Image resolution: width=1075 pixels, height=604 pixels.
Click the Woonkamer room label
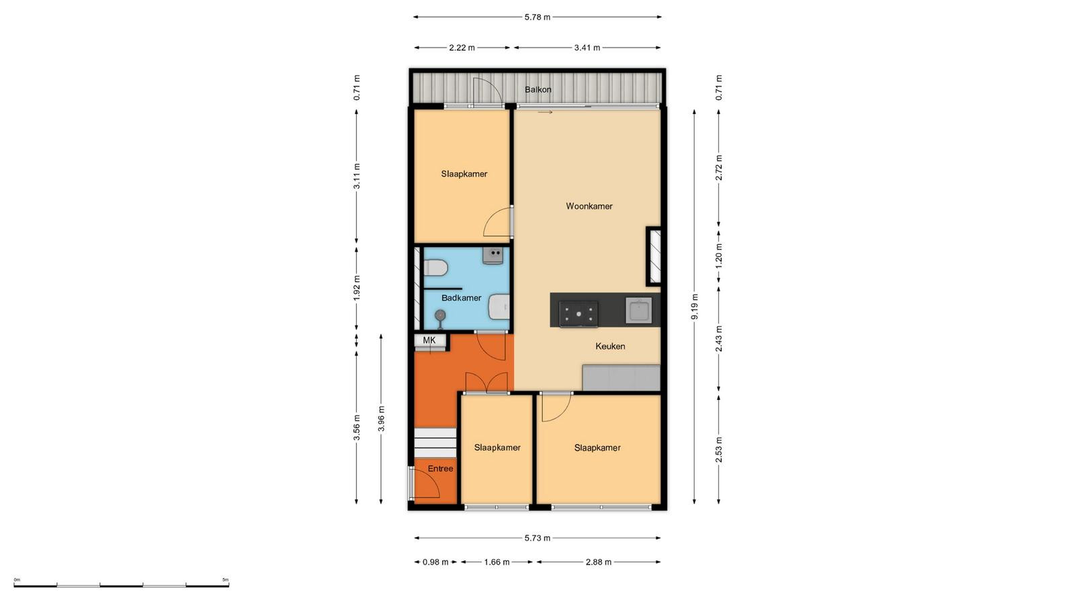pos(589,206)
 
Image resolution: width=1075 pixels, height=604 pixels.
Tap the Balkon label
pos(537,90)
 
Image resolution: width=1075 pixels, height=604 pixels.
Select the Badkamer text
pos(461,298)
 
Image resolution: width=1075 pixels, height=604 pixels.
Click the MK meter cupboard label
pos(429,340)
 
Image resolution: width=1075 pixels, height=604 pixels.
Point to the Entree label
pos(440,468)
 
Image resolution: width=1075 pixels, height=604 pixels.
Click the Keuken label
pos(610,346)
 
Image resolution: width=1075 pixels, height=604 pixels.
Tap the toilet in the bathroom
pos(435,268)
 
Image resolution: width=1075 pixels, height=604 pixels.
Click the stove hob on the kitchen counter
pos(578,314)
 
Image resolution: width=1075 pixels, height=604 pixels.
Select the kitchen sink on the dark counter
pos(639,311)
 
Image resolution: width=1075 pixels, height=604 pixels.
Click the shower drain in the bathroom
pos(440,315)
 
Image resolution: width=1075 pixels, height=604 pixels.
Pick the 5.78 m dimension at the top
pos(537,17)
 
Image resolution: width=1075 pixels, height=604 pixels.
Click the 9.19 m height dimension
pos(695,307)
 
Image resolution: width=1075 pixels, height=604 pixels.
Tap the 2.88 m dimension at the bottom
pos(599,562)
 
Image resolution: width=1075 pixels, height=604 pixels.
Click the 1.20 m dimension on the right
pos(718,256)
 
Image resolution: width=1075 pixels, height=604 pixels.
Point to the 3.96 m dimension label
pos(381,419)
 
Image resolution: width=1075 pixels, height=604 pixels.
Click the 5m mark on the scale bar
pos(226,580)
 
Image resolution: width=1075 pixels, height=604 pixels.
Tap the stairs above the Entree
pos(435,443)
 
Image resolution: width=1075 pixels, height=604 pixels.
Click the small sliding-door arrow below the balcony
pos(545,112)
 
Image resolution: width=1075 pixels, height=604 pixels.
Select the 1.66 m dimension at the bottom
pos(497,562)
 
